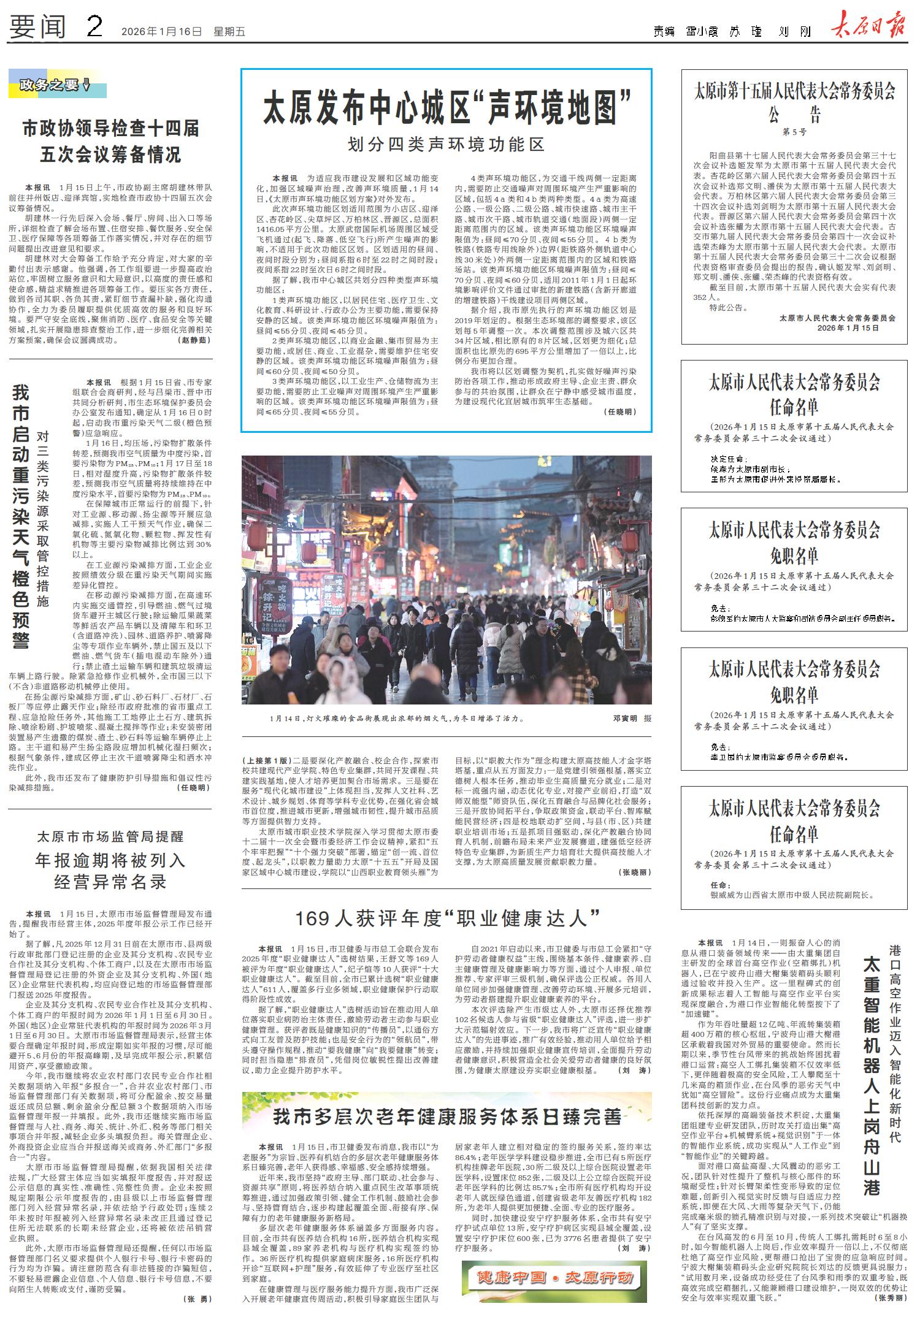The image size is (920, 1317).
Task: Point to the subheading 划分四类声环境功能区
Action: tap(446, 145)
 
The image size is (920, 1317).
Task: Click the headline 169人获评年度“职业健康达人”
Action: tap(447, 918)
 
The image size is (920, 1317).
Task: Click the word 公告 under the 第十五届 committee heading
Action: tap(794, 115)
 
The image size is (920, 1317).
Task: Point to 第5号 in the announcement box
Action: tap(794, 132)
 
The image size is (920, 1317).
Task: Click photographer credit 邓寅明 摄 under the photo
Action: tap(632, 717)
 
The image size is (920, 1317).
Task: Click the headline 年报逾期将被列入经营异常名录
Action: tap(110, 871)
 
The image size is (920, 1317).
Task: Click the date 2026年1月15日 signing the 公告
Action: tap(848, 328)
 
